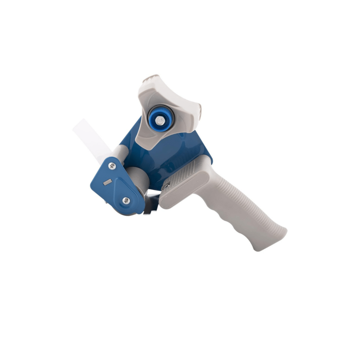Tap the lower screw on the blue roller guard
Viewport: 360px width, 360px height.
tap(126, 200)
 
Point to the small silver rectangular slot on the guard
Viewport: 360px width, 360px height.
tap(107, 182)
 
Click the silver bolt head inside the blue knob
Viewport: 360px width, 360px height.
tap(159, 120)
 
